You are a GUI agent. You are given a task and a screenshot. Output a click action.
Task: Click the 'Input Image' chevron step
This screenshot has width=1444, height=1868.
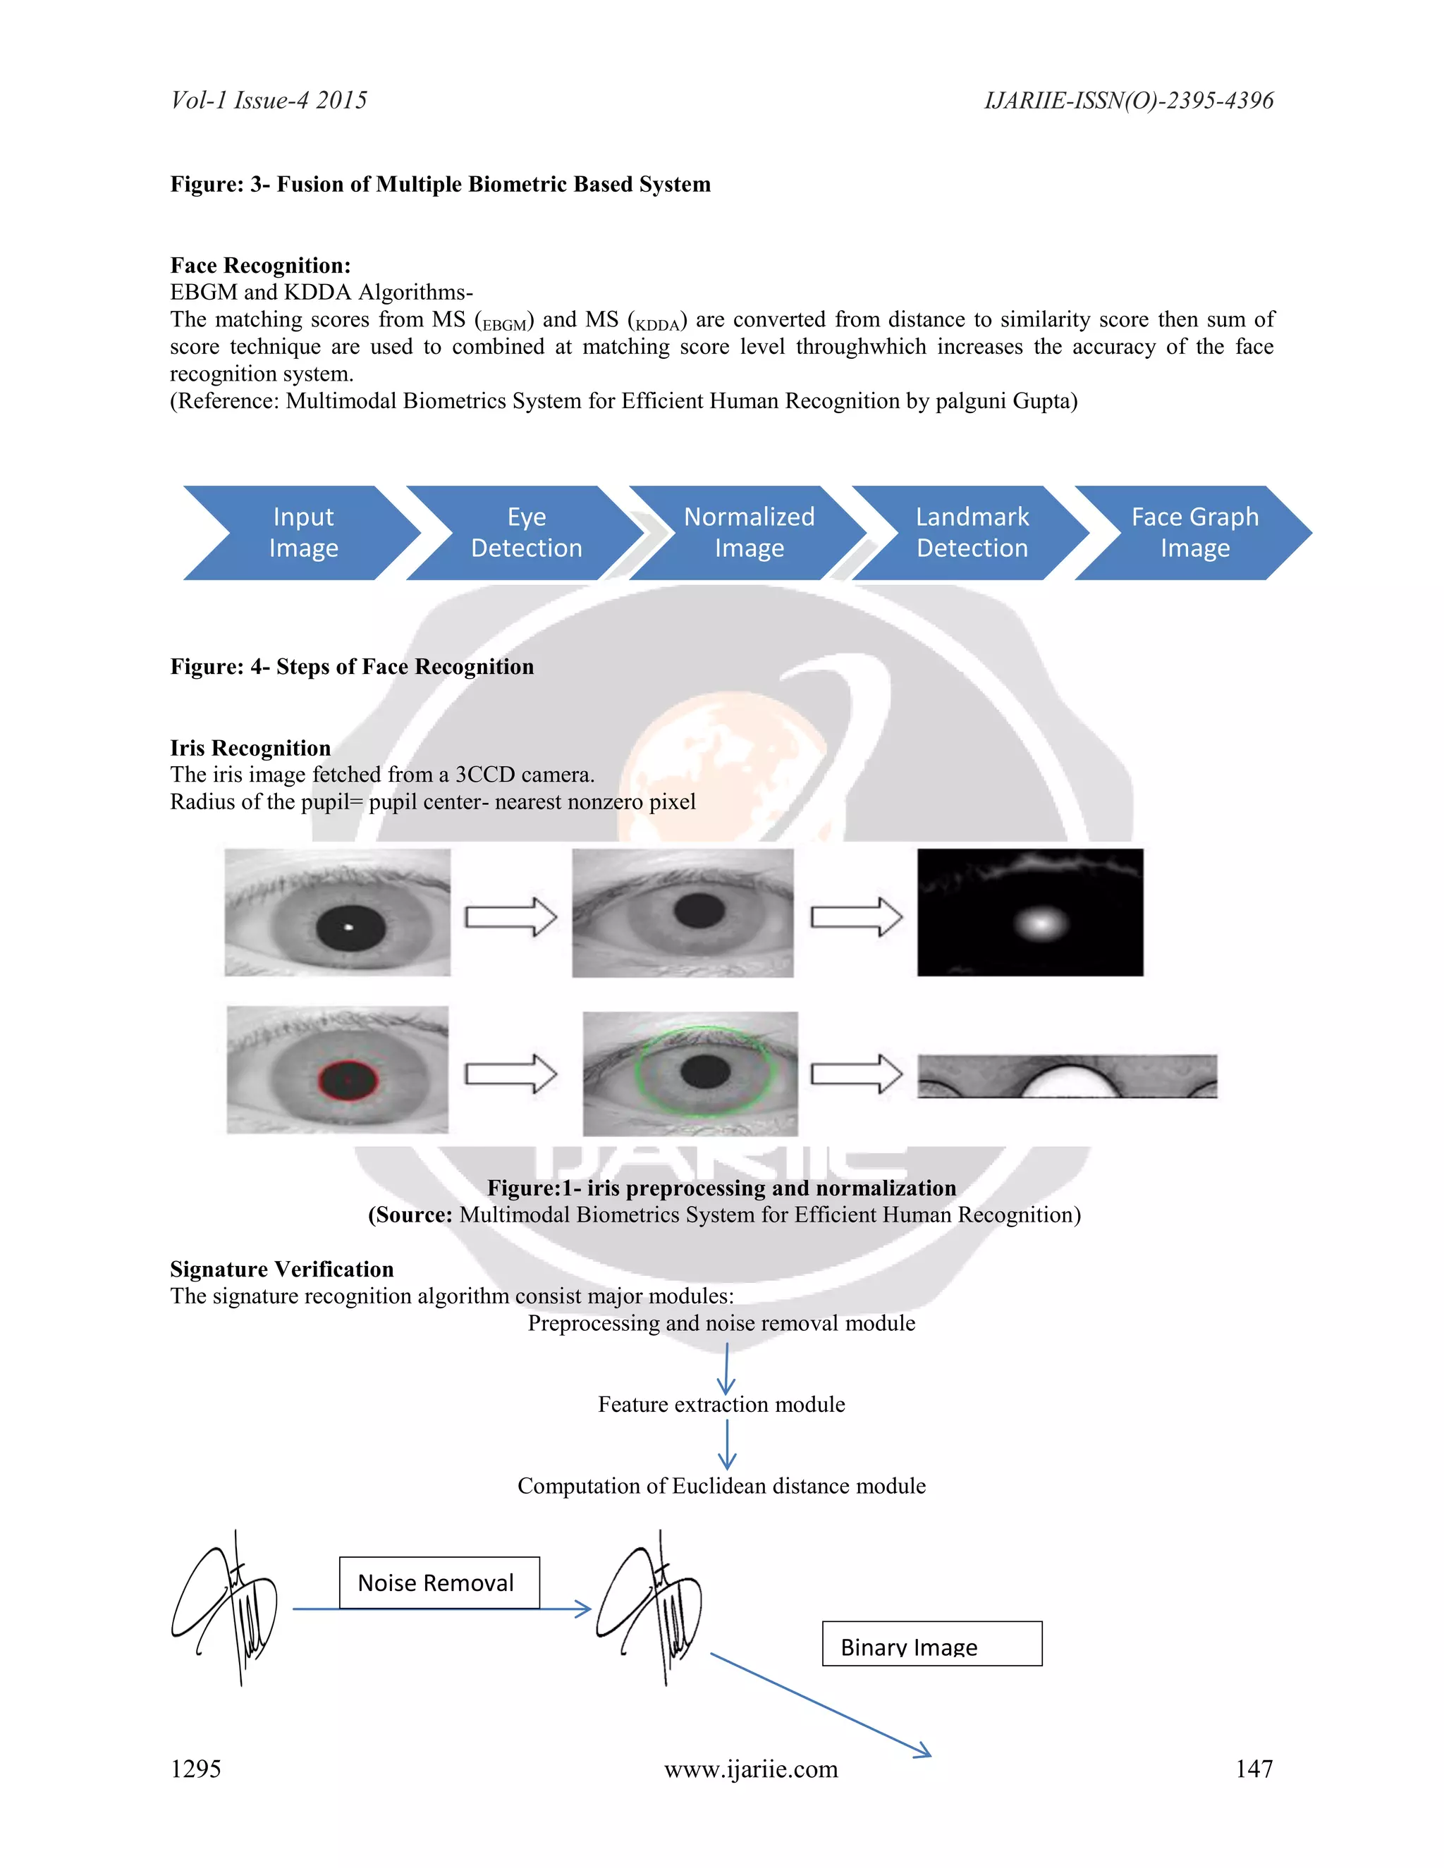click(302, 532)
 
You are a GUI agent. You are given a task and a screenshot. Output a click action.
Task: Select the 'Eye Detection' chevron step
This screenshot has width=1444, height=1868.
click(526, 532)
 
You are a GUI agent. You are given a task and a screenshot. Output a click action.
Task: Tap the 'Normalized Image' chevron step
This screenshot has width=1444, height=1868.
click(749, 532)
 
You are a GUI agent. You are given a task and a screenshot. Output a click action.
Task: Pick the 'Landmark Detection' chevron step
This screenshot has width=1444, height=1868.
click(972, 532)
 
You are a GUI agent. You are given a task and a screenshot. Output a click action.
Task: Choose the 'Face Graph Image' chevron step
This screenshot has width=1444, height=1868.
click(1194, 532)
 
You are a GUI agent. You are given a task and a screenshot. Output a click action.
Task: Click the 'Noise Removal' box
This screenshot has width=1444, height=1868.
click(439, 1583)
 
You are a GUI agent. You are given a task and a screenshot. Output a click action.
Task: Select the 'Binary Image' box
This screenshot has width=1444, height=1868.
click(931, 1643)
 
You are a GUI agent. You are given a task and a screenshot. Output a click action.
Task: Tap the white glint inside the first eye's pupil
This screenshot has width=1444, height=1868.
click(348, 927)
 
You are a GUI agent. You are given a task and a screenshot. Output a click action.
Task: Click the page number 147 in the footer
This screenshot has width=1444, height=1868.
click(1254, 1768)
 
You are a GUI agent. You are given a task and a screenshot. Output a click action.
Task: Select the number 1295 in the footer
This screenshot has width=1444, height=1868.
click(196, 1768)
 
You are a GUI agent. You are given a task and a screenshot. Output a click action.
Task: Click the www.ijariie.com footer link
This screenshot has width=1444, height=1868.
click(751, 1768)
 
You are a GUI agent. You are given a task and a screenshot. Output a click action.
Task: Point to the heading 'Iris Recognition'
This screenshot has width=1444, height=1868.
click(250, 747)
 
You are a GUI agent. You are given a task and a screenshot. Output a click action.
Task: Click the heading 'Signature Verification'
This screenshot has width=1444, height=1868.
click(281, 1268)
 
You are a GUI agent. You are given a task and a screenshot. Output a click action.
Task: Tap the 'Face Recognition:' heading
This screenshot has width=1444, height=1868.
click(260, 265)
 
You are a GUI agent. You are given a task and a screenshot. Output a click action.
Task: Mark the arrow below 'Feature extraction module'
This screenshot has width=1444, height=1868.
click(727, 1444)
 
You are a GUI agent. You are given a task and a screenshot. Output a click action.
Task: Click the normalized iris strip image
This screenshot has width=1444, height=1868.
click(1067, 1076)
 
